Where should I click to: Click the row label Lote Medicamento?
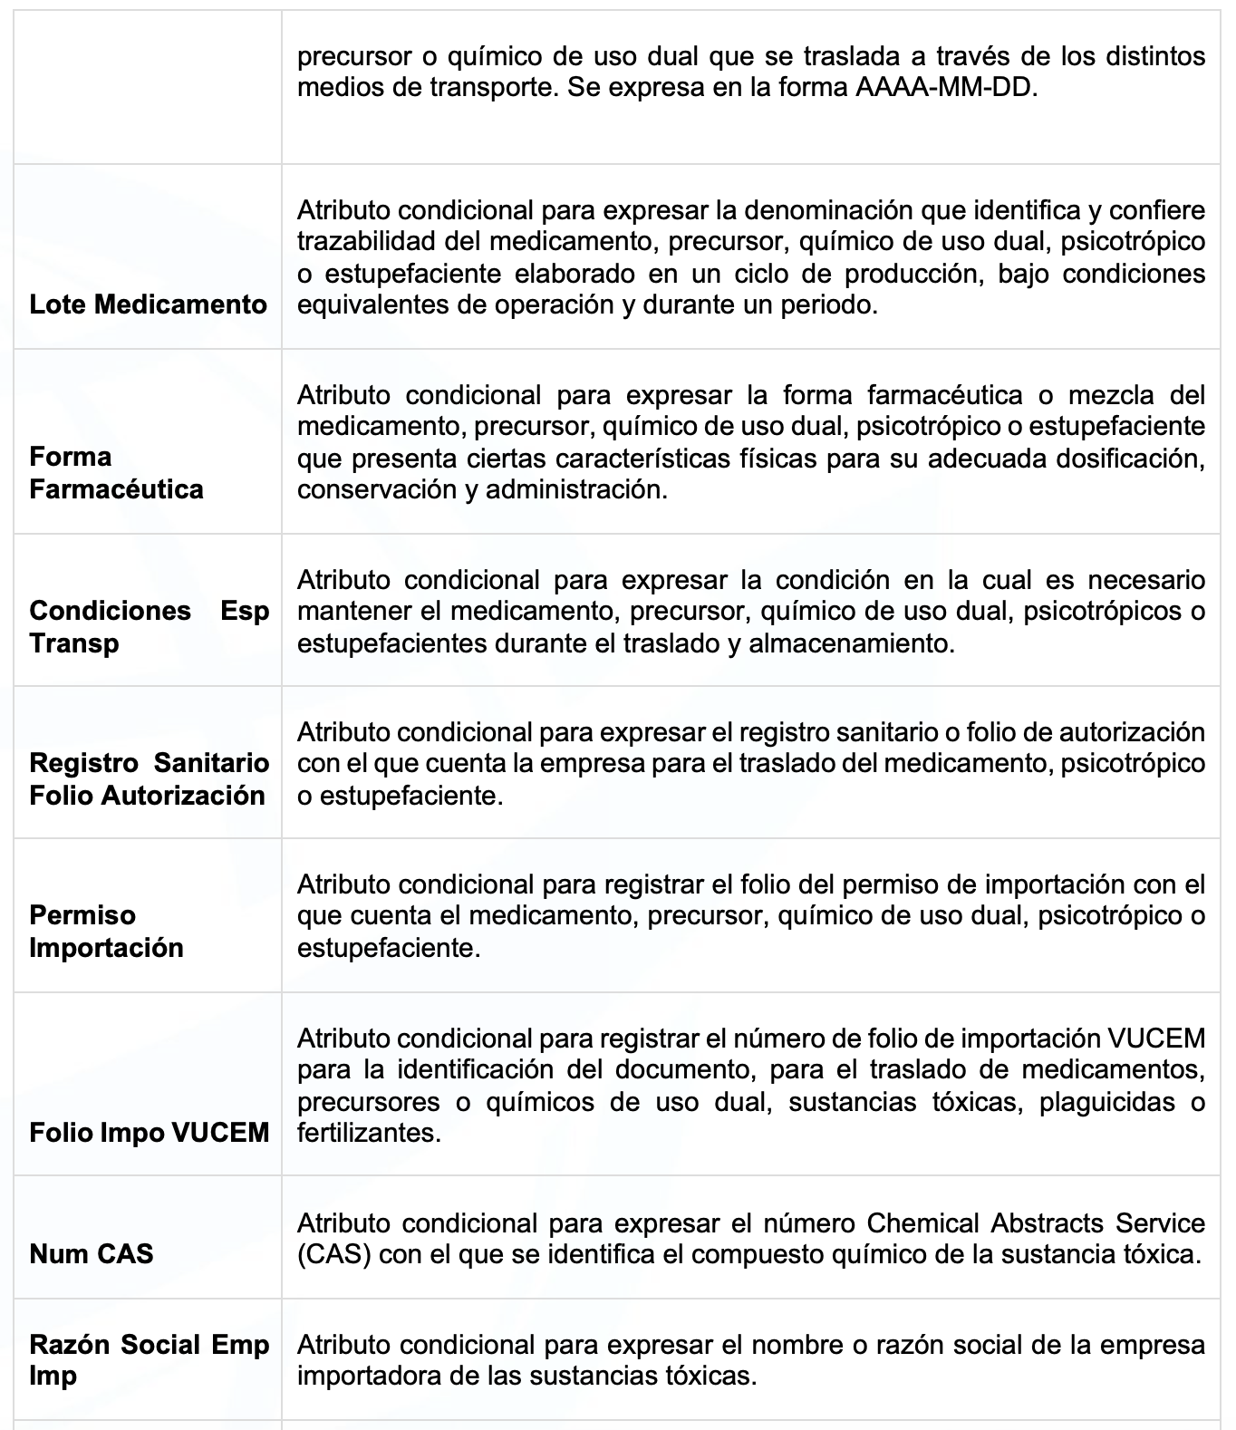point(148,304)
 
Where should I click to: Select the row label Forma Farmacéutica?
point(116,473)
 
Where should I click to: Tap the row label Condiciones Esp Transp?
point(149,626)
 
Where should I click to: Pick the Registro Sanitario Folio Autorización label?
point(149,778)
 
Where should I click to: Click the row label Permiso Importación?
point(106,931)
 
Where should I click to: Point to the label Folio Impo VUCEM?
point(149,1132)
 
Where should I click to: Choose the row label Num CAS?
point(91,1253)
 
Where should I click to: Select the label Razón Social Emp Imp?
point(149,1359)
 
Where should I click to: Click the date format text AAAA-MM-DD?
point(942,89)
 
